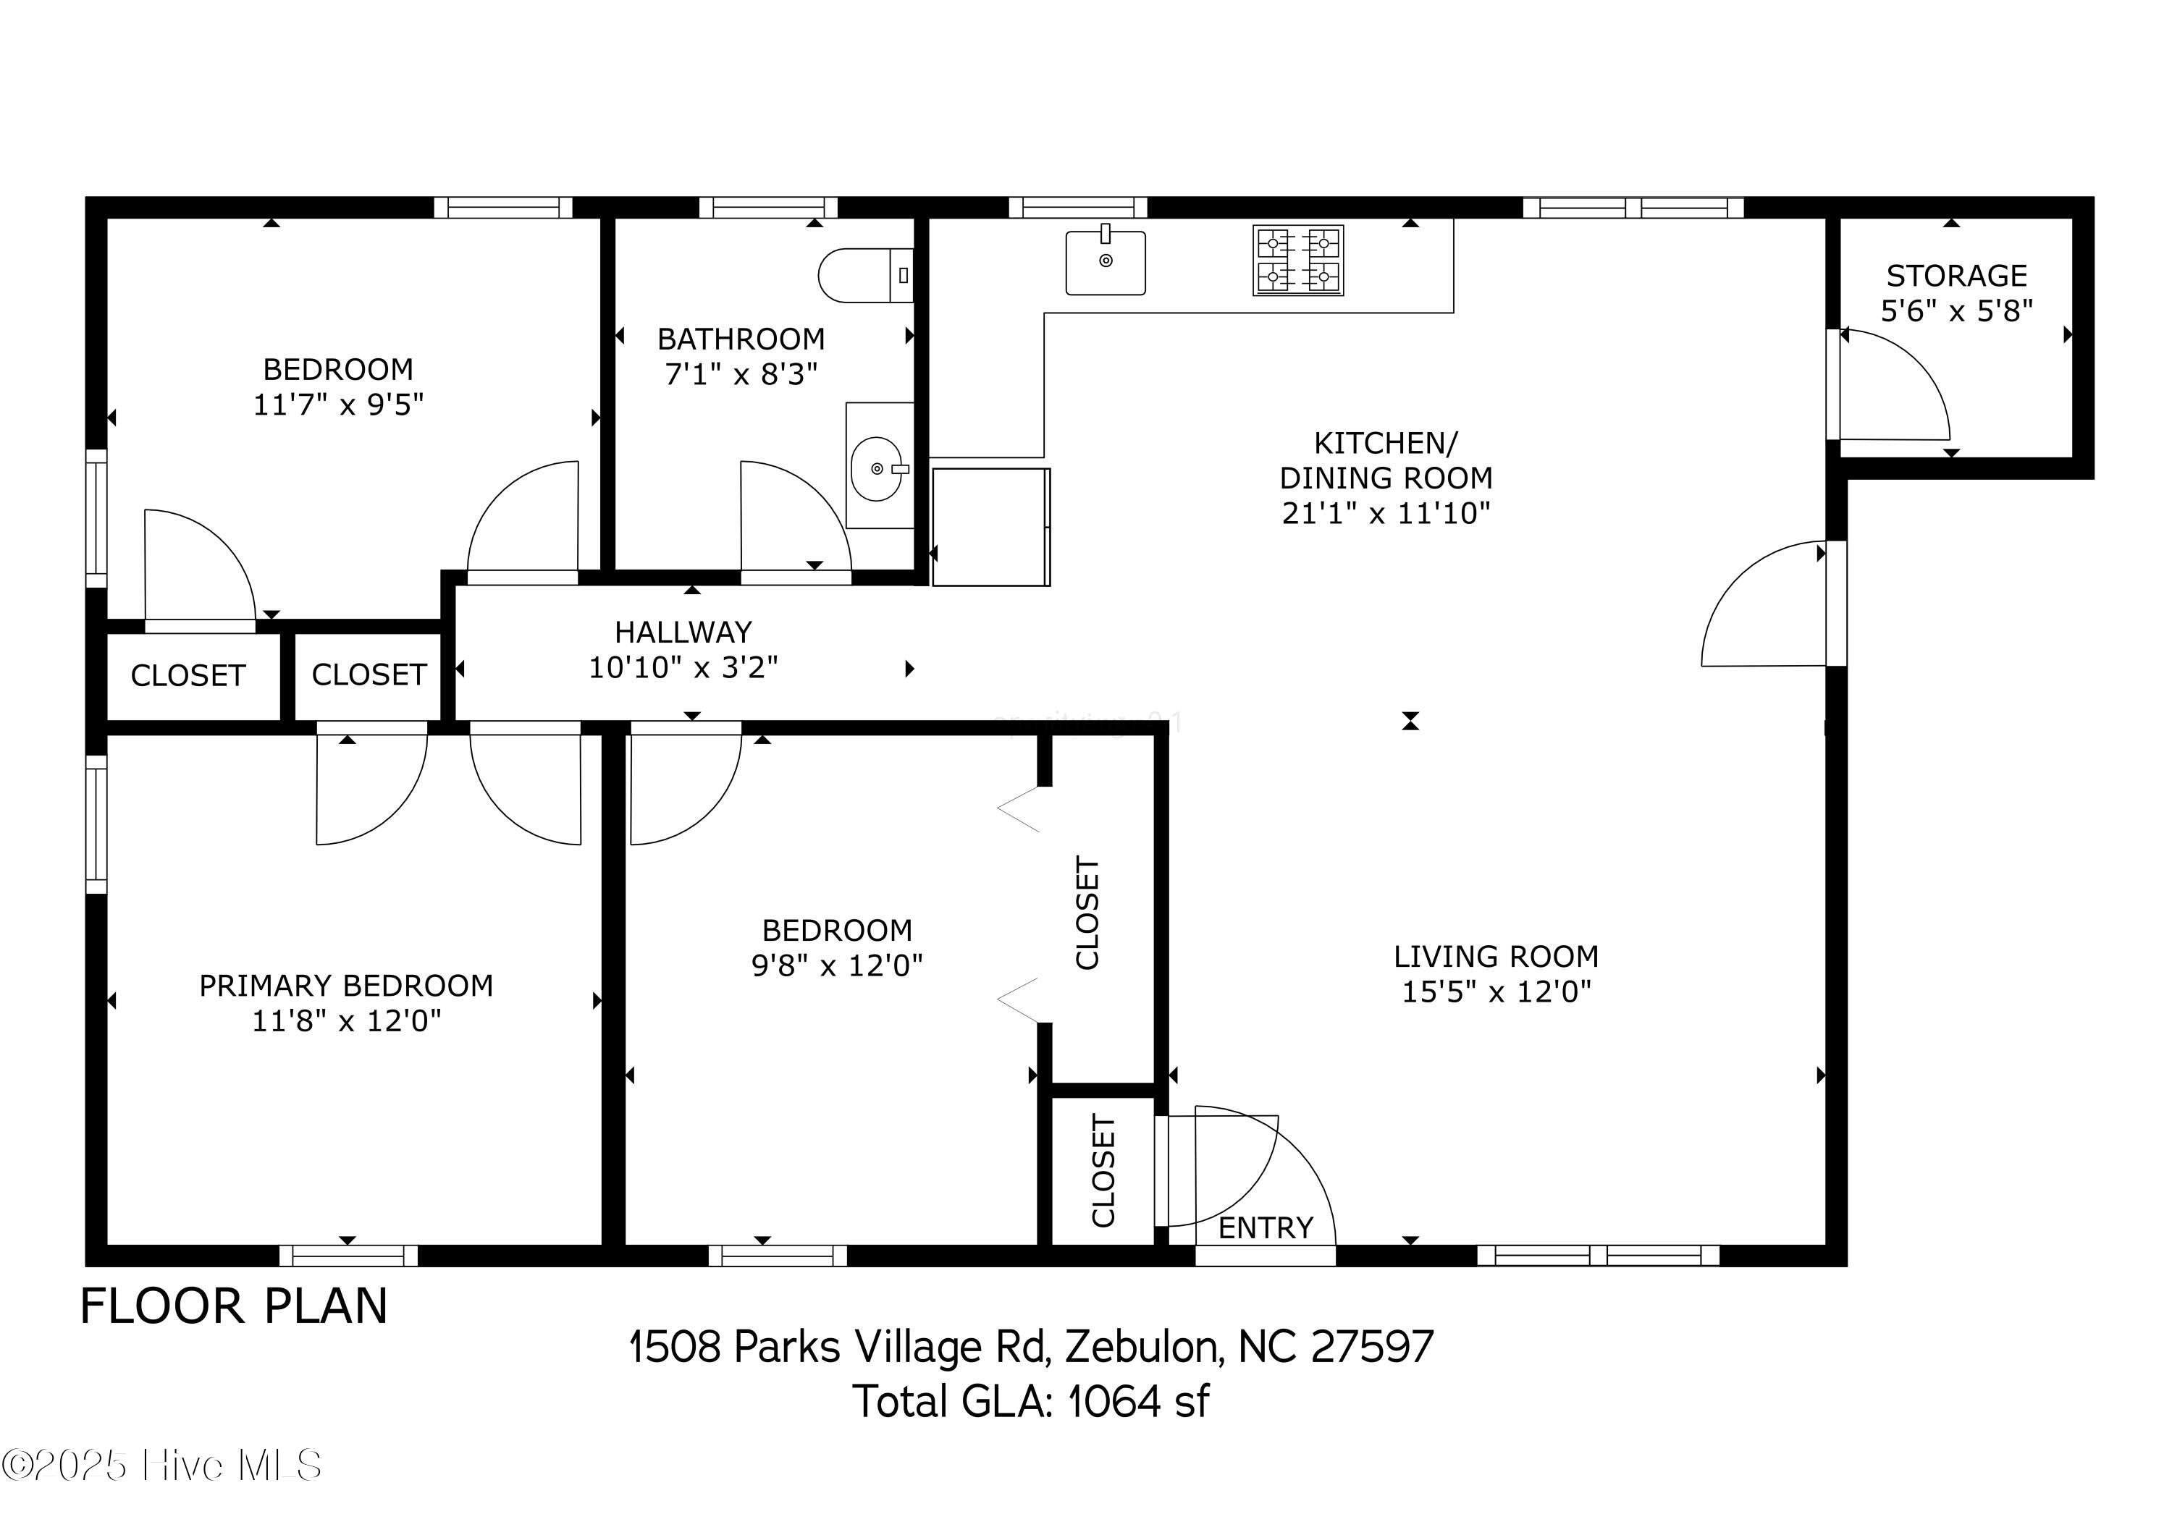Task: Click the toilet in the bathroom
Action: (x=866, y=275)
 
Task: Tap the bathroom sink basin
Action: (x=879, y=468)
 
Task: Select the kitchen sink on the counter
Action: (x=1105, y=262)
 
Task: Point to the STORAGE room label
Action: (x=1956, y=275)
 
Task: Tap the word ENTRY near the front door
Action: (x=1266, y=1227)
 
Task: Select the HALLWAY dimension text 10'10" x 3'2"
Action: (x=683, y=668)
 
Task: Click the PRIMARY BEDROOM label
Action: (x=346, y=986)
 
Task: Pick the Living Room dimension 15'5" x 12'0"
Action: (x=1497, y=992)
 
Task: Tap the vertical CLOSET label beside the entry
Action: (x=1104, y=1171)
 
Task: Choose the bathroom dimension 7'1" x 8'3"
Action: (x=741, y=375)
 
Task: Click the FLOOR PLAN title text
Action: (x=234, y=1306)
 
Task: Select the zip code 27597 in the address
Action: (x=1372, y=1347)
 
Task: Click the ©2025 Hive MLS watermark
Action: (x=161, y=1465)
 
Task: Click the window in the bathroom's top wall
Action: (x=768, y=207)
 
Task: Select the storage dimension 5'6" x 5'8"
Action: (x=1956, y=311)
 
